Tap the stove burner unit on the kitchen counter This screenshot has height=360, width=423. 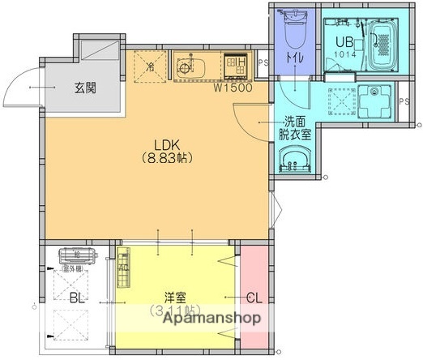pyautogui.click(x=236, y=62)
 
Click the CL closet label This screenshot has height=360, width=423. pyautogui.click(x=254, y=298)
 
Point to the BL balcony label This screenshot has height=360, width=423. pyautogui.click(x=76, y=298)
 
